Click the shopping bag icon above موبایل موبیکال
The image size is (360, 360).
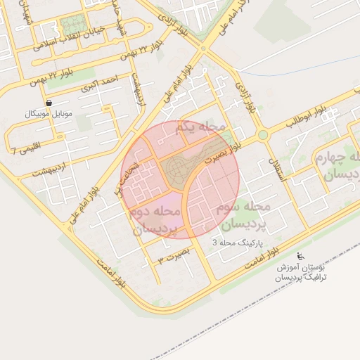[x=47, y=102]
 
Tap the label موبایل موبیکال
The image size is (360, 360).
[x=48, y=113]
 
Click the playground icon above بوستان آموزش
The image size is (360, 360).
[x=301, y=256]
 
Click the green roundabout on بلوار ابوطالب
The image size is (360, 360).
[x=262, y=134]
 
